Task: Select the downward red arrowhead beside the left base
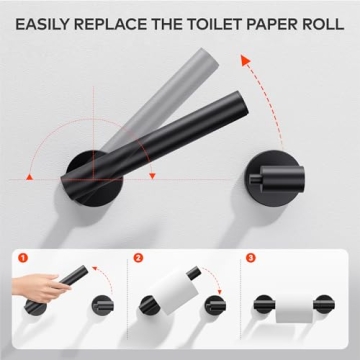152,176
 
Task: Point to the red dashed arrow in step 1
96,275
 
